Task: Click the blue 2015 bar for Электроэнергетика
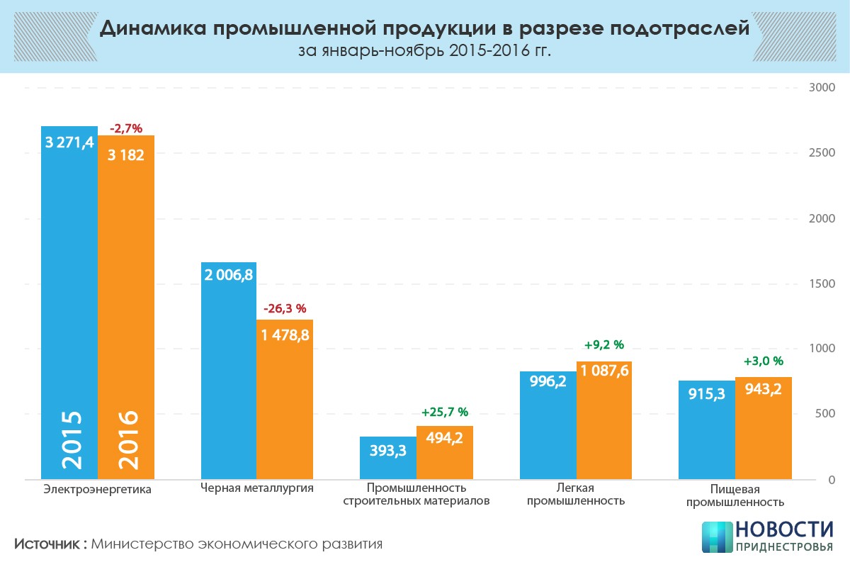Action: click(x=69, y=283)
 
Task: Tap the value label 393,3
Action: click(x=387, y=451)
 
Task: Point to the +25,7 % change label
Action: click(x=445, y=412)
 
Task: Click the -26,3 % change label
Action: click(x=285, y=309)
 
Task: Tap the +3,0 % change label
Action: click(x=763, y=361)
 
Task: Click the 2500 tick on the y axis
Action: click(x=822, y=153)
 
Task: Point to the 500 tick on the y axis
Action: click(x=824, y=414)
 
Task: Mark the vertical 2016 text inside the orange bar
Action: click(x=126, y=439)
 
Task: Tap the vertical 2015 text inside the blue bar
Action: click(x=70, y=439)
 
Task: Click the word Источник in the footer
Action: click(x=48, y=544)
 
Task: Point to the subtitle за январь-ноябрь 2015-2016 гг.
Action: click(x=424, y=52)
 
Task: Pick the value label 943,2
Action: click(x=763, y=388)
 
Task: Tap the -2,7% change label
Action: click(x=126, y=128)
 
